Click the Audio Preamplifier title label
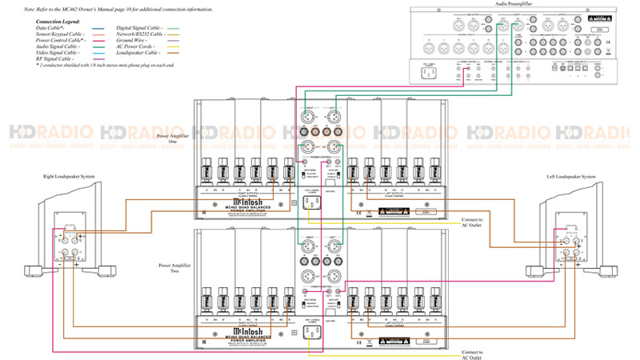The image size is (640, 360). (x=515, y=4)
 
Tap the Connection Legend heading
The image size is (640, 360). (x=58, y=21)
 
